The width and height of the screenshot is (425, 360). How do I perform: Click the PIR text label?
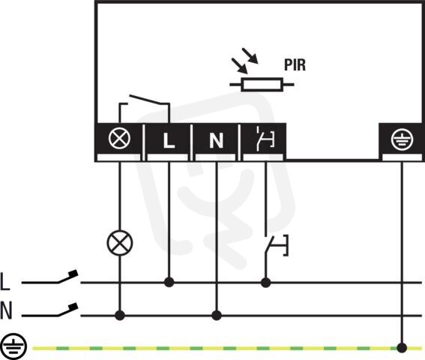click(295, 65)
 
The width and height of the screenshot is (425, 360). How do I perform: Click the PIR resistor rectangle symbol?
click(262, 84)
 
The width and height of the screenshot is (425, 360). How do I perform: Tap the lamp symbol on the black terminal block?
click(119, 138)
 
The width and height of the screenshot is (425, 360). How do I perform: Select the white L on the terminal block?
click(169, 140)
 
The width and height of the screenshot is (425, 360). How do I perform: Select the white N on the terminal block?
click(217, 140)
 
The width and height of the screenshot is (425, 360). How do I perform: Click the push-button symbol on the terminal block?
click(265, 139)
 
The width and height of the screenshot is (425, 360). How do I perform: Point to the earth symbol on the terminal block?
click(402, 139)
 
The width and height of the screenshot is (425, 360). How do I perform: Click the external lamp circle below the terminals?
click(120, 243)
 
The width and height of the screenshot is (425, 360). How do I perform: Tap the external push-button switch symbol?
click(276, 245)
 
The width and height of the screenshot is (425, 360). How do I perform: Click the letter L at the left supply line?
click(5, 282)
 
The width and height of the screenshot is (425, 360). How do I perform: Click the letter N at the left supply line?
click(6, 310)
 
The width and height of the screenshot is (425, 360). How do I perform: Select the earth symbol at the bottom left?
click(13, 346)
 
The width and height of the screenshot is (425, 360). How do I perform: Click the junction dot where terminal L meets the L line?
click(169, 283)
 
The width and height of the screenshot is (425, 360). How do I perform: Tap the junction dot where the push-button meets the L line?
click(265, 283)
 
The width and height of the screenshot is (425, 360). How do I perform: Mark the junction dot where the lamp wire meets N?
click(120, 316)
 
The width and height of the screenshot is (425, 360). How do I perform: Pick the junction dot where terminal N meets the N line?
click(217, 316)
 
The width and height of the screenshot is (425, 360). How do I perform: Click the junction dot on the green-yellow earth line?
click(402, 348)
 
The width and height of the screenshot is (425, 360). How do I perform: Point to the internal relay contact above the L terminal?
click(144, 108)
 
